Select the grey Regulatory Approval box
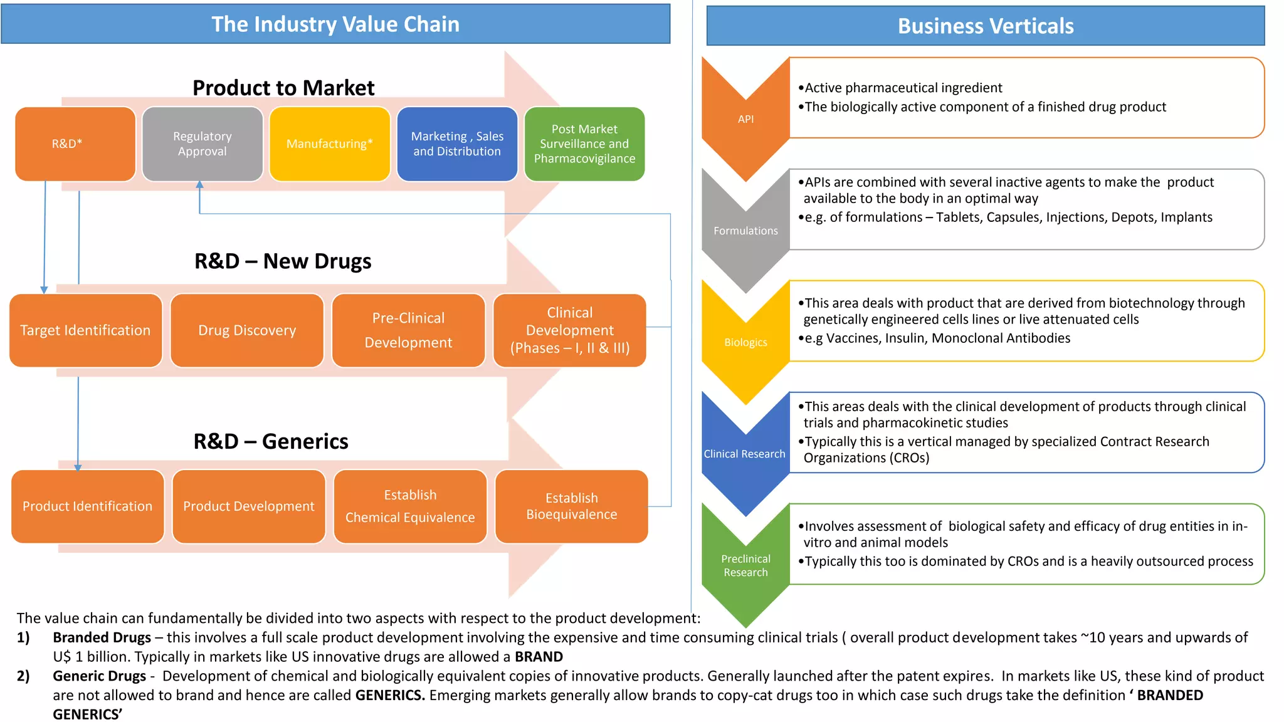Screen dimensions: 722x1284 [203, 144]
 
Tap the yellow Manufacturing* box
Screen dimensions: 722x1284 [330, 144]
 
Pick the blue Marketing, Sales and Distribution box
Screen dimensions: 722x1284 [457, 144]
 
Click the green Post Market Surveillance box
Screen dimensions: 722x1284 [584, 144]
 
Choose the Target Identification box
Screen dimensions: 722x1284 [86, 330]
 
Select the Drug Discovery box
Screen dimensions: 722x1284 [247, 330]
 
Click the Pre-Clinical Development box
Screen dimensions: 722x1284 [408, 330]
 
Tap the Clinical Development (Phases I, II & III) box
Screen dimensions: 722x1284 [569, 330]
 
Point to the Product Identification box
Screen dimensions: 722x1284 [88, 506]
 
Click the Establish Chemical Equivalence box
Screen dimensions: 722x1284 [410, 506]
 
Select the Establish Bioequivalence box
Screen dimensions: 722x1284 [571, 506]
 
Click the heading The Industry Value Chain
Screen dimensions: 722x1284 [335, 24]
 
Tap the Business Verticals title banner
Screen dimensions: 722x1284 [986, 26]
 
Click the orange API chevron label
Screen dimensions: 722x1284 [745, 119]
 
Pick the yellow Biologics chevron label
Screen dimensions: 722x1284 [745, 342]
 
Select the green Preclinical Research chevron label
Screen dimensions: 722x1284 [745, 565]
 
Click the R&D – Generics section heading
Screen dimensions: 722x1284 [271, 441]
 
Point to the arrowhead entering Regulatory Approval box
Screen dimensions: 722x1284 [199, 185]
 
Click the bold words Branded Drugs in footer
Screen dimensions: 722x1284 [102, 637]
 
